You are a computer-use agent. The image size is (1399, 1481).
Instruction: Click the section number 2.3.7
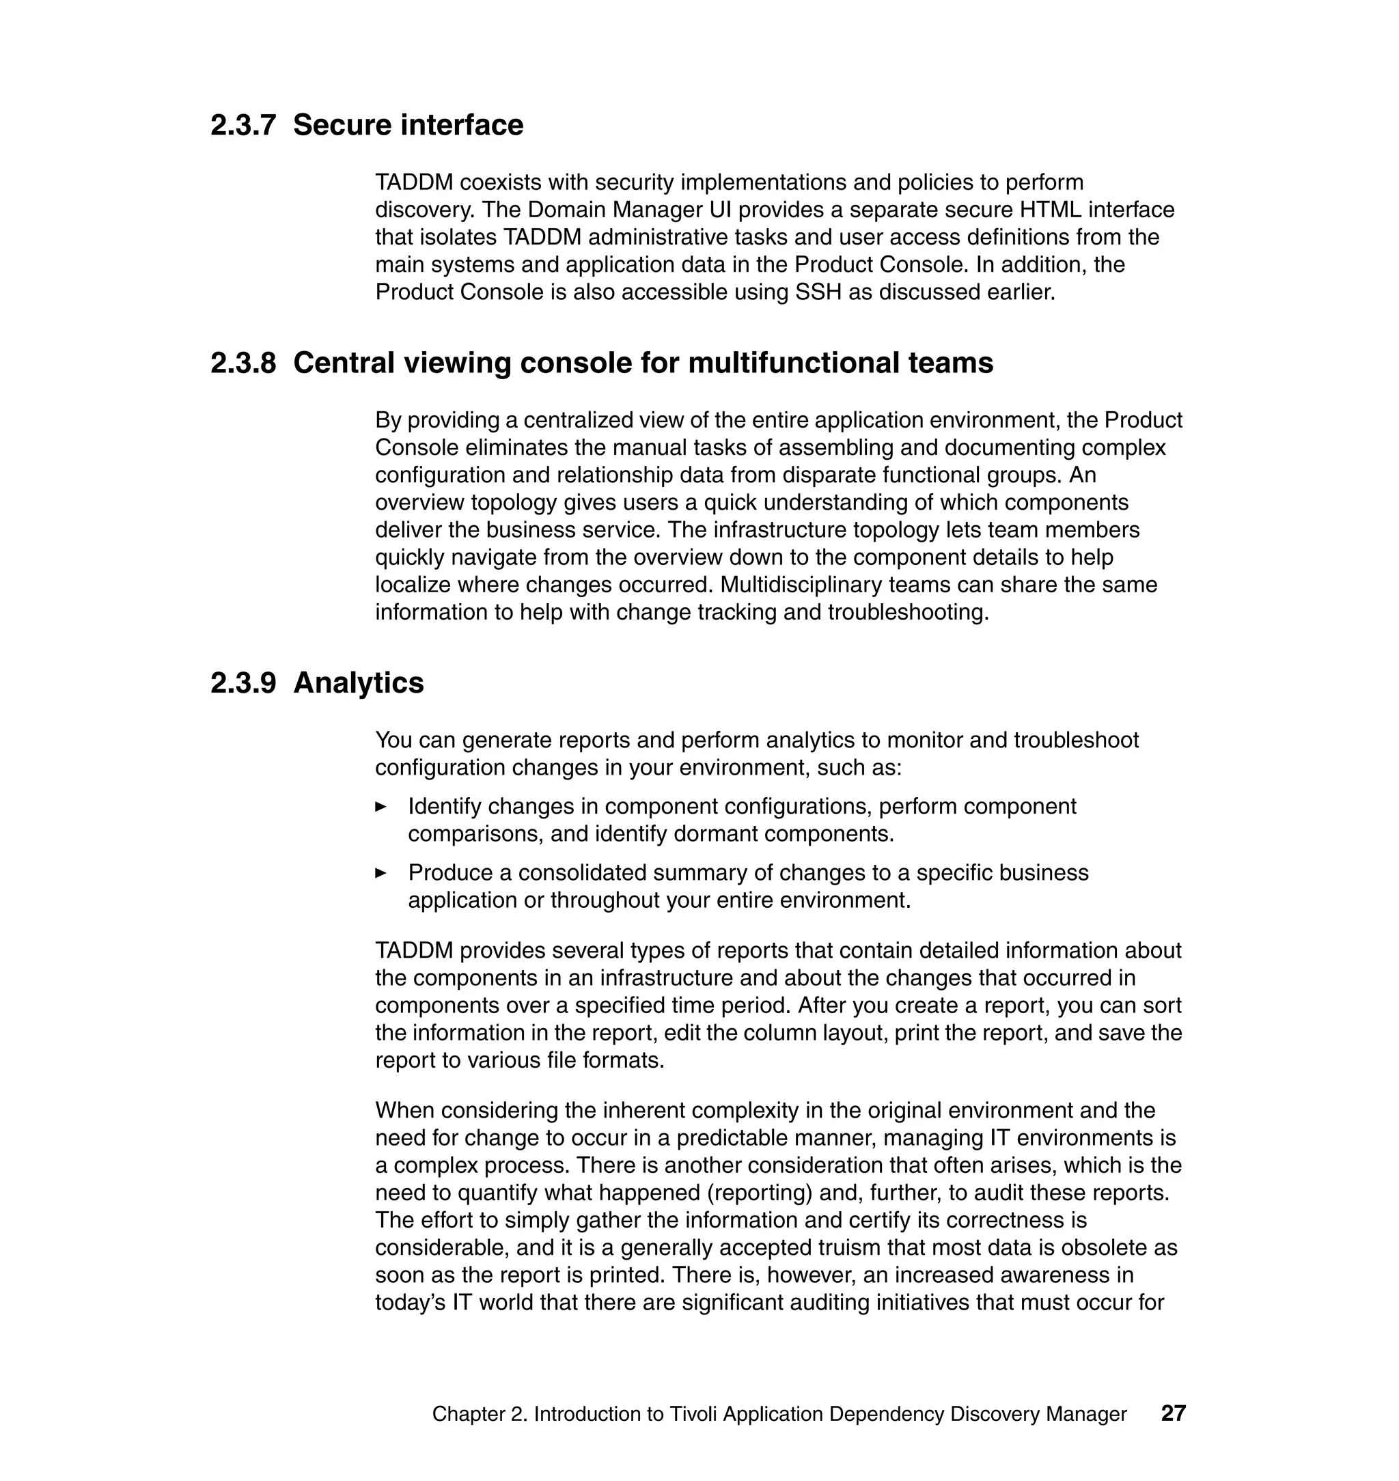pyautogui.click(x=243, y=124)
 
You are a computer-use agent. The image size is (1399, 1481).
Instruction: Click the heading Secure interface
pyautogui.click(x=408, y=124)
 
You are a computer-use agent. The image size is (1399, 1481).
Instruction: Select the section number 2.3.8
pyautogui.click(x=243, y=363)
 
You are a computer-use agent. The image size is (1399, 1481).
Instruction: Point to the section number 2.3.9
pyautogui.click(x=243, y=683)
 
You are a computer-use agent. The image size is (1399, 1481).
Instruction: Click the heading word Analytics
pyautogui.click(x=358, y=683)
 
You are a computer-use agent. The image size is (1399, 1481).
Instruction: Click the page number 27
pyautogui.click(x=1173, y=1413)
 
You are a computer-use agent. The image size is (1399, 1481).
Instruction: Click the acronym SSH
pyautogui.click(x=819, y=292)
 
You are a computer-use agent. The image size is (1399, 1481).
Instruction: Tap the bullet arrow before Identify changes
pyautogui.click(x=380, y=806)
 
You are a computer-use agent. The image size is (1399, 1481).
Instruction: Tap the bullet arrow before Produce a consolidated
pyautogui.click(x=380, y=872)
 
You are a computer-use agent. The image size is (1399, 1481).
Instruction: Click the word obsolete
pyautogui.click(x=1106, y=1247)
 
